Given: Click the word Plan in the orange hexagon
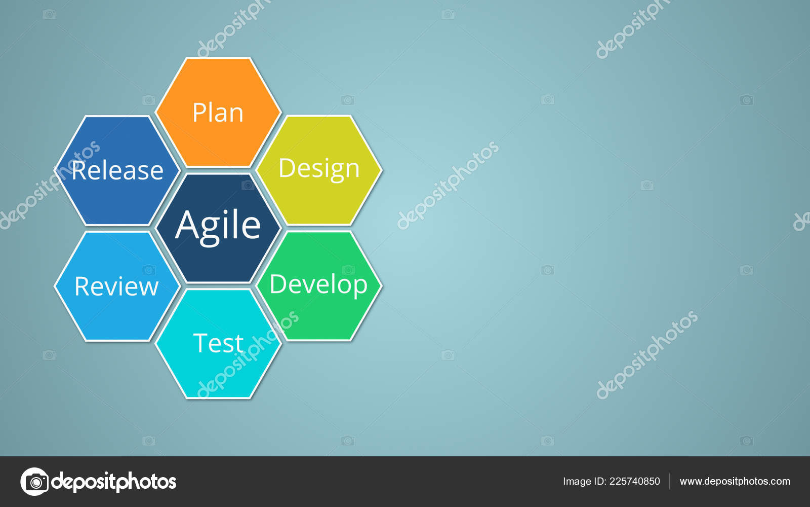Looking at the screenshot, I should coord(218,113).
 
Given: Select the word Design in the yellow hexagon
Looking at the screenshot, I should coord(319,169).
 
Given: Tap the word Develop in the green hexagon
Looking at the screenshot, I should coord(318,285).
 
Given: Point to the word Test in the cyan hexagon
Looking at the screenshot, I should coord(218,343).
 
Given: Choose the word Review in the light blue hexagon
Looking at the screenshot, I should coord(116,286).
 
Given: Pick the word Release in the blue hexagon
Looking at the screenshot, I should coord(117,170).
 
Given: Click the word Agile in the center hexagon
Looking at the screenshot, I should coord(218,226).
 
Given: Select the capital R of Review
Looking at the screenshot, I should coord(82,286).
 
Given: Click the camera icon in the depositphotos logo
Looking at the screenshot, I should coord(34,481).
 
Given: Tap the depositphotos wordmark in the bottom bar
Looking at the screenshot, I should coord(114,482).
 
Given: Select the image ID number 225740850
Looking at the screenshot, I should coord(634,481).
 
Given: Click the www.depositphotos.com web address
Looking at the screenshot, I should coord(735,481).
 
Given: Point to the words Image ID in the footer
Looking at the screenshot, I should coord(584,481).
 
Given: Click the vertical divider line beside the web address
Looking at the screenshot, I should coord(669,481).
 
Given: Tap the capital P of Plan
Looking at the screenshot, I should coord(199,113).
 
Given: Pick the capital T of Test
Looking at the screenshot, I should coord(200,343).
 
